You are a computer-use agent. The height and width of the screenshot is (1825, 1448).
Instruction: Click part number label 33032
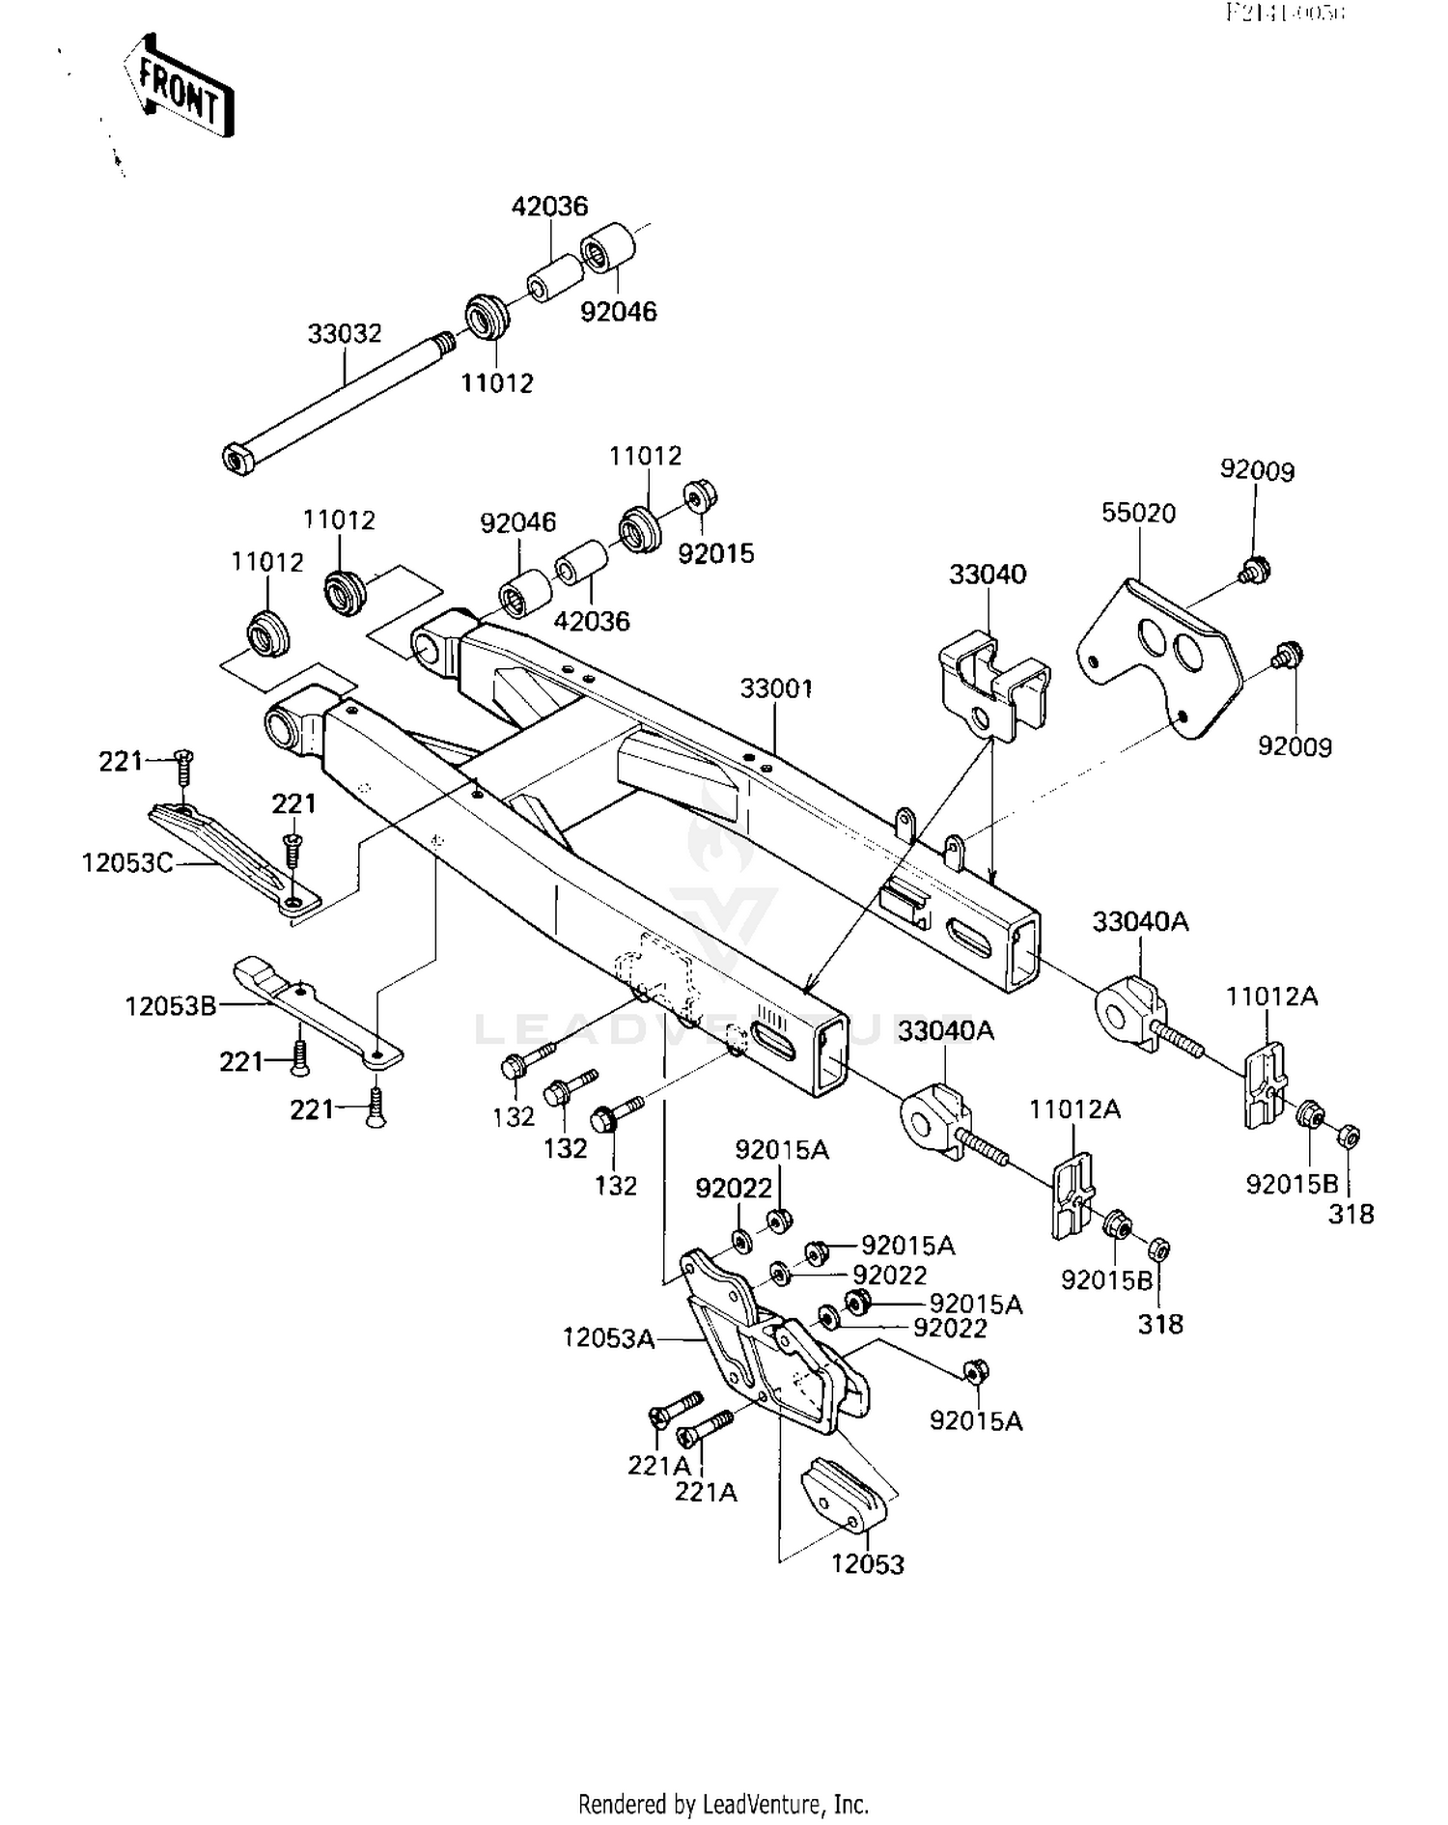tap(345, 334)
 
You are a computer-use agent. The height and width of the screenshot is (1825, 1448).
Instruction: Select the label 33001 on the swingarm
tap(776, 689)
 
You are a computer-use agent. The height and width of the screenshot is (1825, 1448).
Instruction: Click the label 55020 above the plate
tap(1138, 513)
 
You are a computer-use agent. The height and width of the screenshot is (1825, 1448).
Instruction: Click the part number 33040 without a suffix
tap(988, 575)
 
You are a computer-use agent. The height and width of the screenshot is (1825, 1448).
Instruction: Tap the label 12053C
tap(127, 862)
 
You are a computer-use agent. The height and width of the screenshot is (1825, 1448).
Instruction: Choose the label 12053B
tap(171, 1007)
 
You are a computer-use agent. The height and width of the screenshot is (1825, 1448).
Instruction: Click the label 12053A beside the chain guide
tap(608, 1338)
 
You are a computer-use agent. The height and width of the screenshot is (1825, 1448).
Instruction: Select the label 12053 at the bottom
tap(867, 1564)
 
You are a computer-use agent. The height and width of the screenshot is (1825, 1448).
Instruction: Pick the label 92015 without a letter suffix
tap(715, 554)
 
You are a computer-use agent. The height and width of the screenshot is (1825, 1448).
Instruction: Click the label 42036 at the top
tap(549, 207)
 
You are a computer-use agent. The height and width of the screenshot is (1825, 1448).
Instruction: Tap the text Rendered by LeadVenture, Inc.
tap(723, 1804)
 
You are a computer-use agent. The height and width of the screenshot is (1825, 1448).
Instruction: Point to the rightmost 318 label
tap(1351, 1215)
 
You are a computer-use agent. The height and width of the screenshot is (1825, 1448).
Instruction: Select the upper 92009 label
tap(1257, 470)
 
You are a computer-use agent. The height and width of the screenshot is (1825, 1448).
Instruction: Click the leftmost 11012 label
tap(267, 562)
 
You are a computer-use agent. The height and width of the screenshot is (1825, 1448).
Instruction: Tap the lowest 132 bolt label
tap(616, 1185)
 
